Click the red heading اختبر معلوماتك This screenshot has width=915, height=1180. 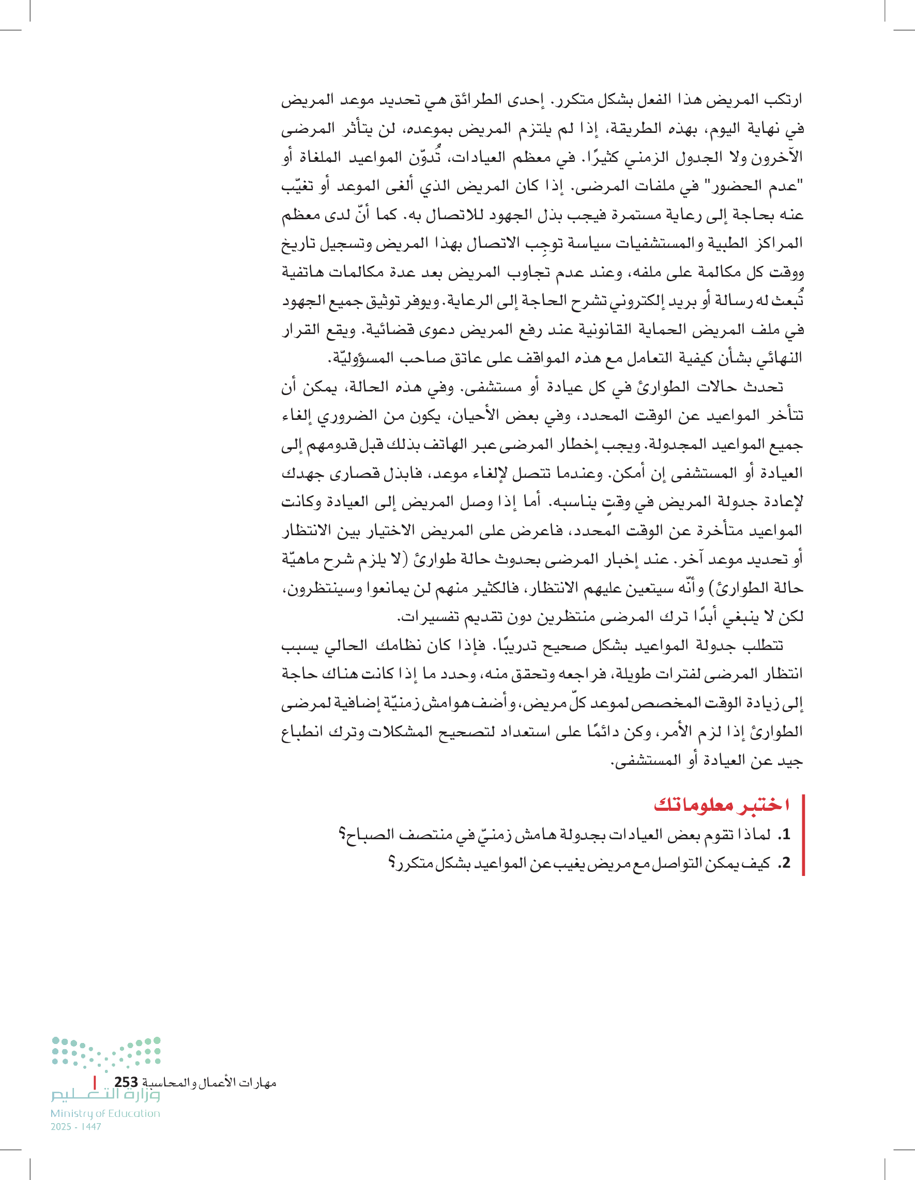tap(721, 805)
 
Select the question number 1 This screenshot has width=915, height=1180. tap(785, 834)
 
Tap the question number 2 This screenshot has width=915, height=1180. tap(785, 863)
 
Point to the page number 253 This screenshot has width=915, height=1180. tap(126, 1082)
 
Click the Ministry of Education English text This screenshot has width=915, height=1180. tap(105, 1113)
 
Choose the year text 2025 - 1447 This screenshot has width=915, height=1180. tap(76, 1127)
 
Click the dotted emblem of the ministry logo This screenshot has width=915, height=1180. tap(106, 1052)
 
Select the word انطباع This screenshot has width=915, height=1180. tap(302, 732)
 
